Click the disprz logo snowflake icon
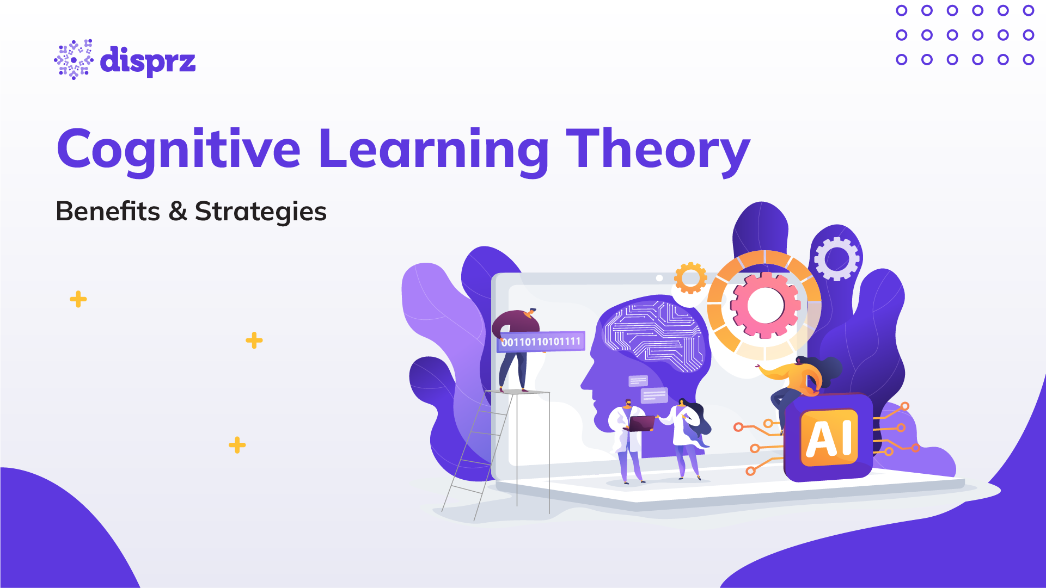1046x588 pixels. click(74, 60)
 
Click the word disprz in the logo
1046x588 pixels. click(148, 61)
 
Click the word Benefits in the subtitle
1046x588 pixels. click(108, 211)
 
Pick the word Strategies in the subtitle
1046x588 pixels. click(260, 212)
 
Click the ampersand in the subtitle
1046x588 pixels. click(178, 211)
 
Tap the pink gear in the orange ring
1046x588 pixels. click(765, 305)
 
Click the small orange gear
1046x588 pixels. click(690, 277)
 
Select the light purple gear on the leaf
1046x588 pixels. click(836, 259)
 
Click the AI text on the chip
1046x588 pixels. click(829, 438)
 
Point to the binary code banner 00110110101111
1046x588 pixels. click(541, 342)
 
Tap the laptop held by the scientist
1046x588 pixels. click(641, 423)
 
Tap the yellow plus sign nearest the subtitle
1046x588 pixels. click(78, 299)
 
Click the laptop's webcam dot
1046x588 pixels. click(659, 278)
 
